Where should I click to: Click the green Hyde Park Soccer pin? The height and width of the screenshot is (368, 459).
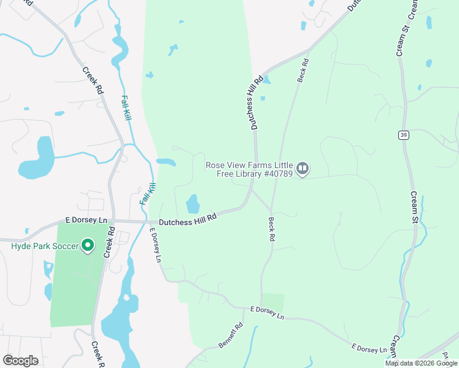[88, 246]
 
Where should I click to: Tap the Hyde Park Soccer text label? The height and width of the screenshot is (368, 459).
[45, 247]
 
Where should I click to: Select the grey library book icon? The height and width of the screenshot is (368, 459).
[302, 168]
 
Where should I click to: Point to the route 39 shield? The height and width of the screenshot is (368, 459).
[403, 135]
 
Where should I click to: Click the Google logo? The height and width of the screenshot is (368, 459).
[20, 361]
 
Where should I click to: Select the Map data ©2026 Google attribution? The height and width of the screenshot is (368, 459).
[421, 363]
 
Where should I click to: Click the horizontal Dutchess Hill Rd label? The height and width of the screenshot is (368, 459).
[188, 218]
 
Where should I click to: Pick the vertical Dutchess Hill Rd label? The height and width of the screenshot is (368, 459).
[255, 102]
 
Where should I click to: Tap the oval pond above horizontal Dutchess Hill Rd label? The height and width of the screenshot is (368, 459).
[193, 202]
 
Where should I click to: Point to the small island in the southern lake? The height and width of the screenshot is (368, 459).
[126, 298]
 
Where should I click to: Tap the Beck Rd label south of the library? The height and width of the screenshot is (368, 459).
[271, 228]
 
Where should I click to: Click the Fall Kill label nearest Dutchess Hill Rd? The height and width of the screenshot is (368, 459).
[147, 194]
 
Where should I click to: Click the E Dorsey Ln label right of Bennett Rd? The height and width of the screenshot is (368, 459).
[268, 314]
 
